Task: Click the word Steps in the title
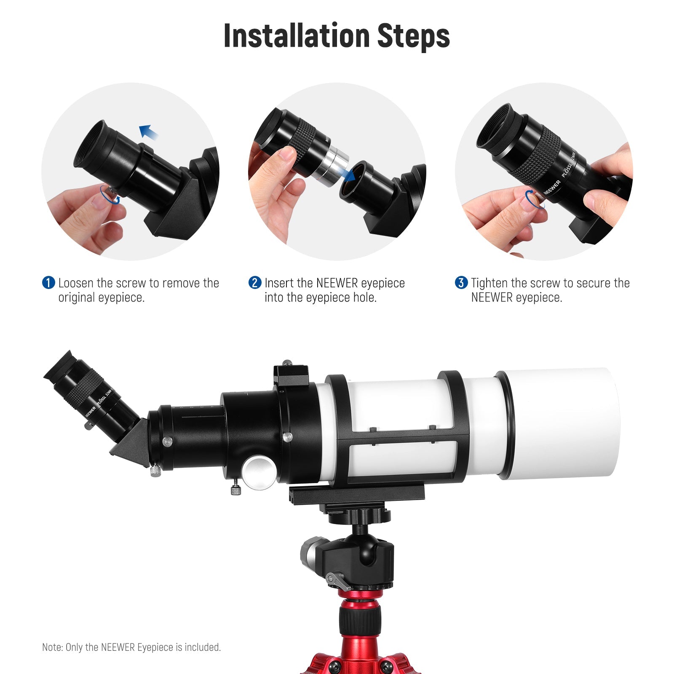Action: click(x=414, y=36)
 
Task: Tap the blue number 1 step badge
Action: click(x=48, y=283)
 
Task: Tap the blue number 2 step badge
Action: click(x=255, y=283)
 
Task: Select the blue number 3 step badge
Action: click(x=461, y=283)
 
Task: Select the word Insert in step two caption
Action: click(x=279, y=283)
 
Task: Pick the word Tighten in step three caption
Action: click(x=489, y=283)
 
